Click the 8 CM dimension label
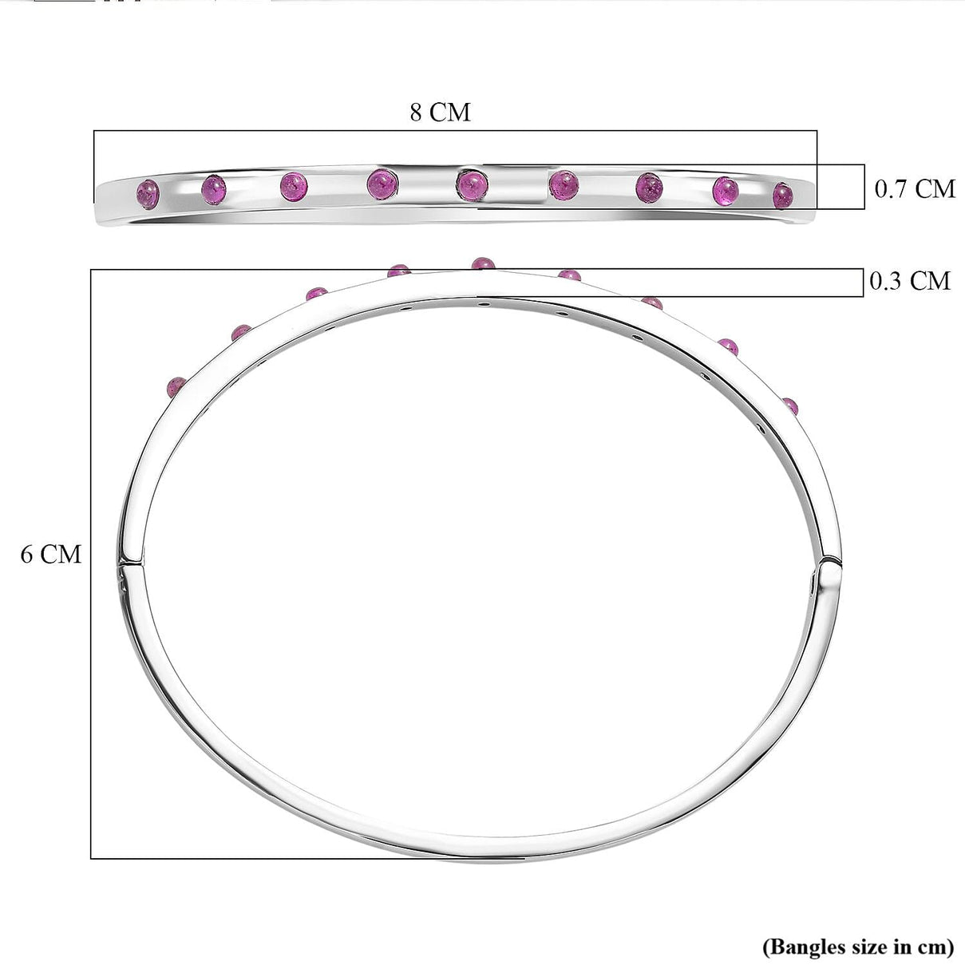pyautogui.click(x=440, y=113)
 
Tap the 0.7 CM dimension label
pyautogui.click(x=915, y=189)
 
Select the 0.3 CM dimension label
pyautogui.click(x=909, y=281)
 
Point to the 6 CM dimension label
pyautogui.click(x=50, y=555)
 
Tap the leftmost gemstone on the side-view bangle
pyautogui.click(x=148, y=194)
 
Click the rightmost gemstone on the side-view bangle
pyautogui.click(x=783, y=196)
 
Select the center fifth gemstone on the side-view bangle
pyautogui.click(x=472, y=184)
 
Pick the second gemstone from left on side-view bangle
pyautogui.click(x=214, y=190)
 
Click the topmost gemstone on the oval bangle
pyautogui.click(x=483, y=263)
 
